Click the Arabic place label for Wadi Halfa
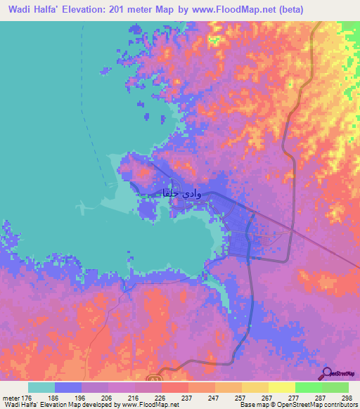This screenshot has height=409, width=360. point(181,193)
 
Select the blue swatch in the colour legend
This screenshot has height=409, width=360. point(68,387)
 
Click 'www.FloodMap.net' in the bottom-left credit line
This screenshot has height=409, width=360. point(149,405)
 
